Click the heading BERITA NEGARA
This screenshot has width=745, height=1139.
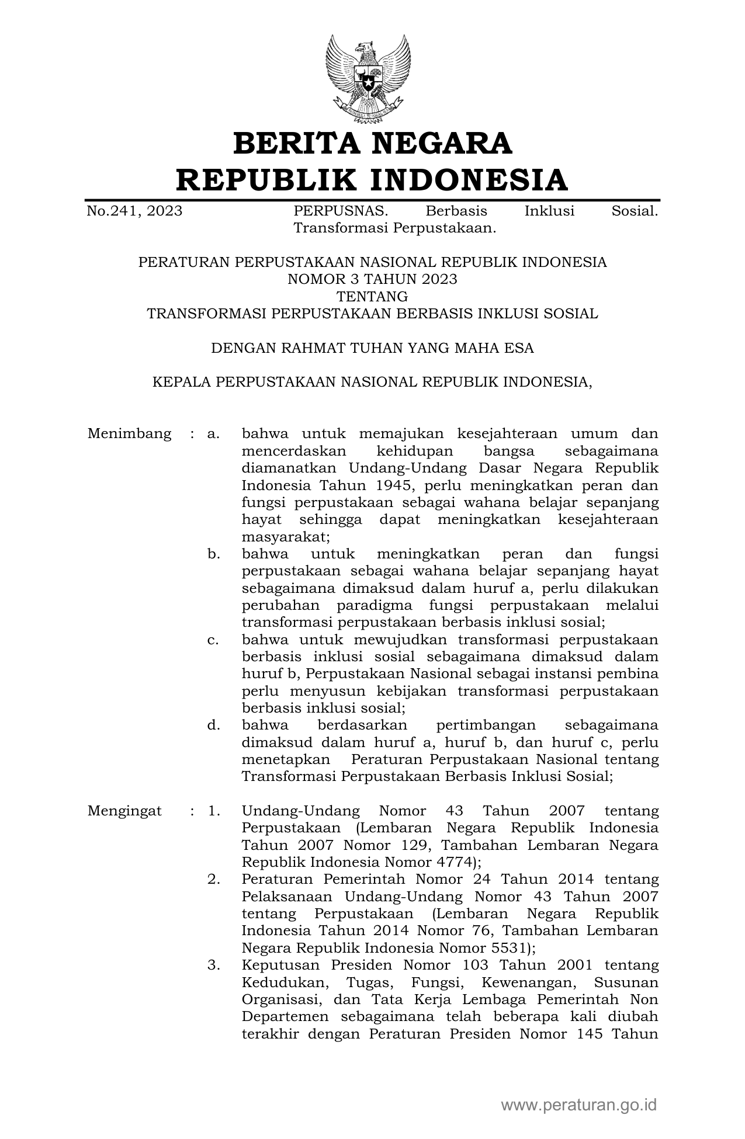pyautogui.click(x=372, y=144)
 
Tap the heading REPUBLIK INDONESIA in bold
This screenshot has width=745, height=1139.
pyautogui.click(x=372, y=179)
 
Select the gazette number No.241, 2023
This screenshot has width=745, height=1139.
pyautogui.click(x=134, y=211)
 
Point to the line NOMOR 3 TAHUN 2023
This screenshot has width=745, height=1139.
pyautogui.click(x=372, y=279)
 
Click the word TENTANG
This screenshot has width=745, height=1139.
pyautogui.click(x=372, y=296)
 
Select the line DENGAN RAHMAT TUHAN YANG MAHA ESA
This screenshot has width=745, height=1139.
pyautogui.click(x=372, y=348)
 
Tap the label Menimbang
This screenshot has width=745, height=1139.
pyautogui.click(x=129, y=434)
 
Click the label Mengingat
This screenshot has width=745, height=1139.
pyautogui.click(x=124, y=811)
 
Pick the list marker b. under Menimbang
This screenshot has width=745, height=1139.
pyautogui.click(x=213, y=554)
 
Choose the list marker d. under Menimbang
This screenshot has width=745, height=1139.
pyautogui.click(x=213, y=725)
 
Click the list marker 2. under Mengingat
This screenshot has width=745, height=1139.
pyautogui.click(x=213, y=880)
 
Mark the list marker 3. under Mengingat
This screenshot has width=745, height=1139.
pyautogui.click(x=213, y=966)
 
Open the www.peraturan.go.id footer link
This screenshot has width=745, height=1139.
pyautogui.click(x=578, y=1105)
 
